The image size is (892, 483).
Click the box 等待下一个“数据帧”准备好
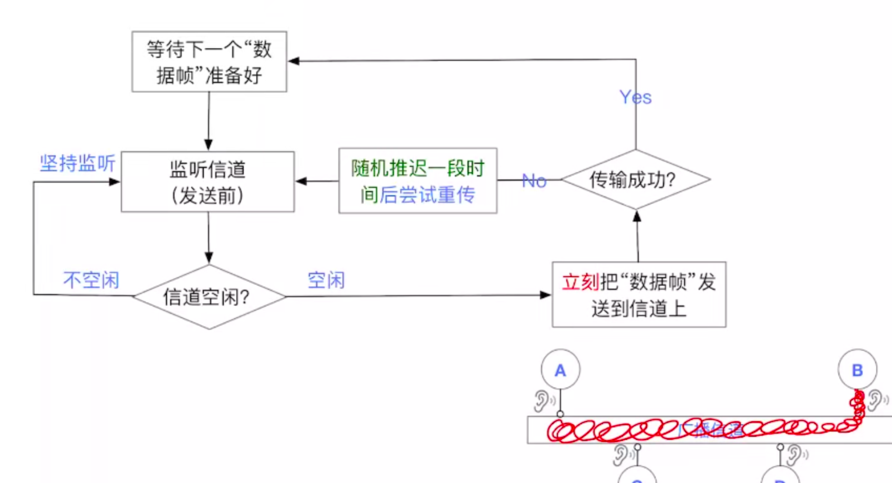point(209,62)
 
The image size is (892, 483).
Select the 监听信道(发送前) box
point(208,182)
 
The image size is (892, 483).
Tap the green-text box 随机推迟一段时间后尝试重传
point(418,181)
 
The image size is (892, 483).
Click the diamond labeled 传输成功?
point(636,180)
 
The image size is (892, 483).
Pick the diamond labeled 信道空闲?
point(209,297)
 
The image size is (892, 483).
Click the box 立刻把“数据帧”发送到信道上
point(639,295)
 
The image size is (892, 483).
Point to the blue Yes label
point(635,97)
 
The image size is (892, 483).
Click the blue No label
point(534,181)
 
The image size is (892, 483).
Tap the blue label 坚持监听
point(77,163)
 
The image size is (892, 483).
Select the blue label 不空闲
point(91,280)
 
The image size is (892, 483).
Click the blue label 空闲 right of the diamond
point(326,280)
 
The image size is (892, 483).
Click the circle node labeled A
point(561,370)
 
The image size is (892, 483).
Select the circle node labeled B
point(857,370)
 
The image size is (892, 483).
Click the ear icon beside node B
point(876,400)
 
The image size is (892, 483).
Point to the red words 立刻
point(580,282)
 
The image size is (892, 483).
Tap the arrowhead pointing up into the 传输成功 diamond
point(637,216)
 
